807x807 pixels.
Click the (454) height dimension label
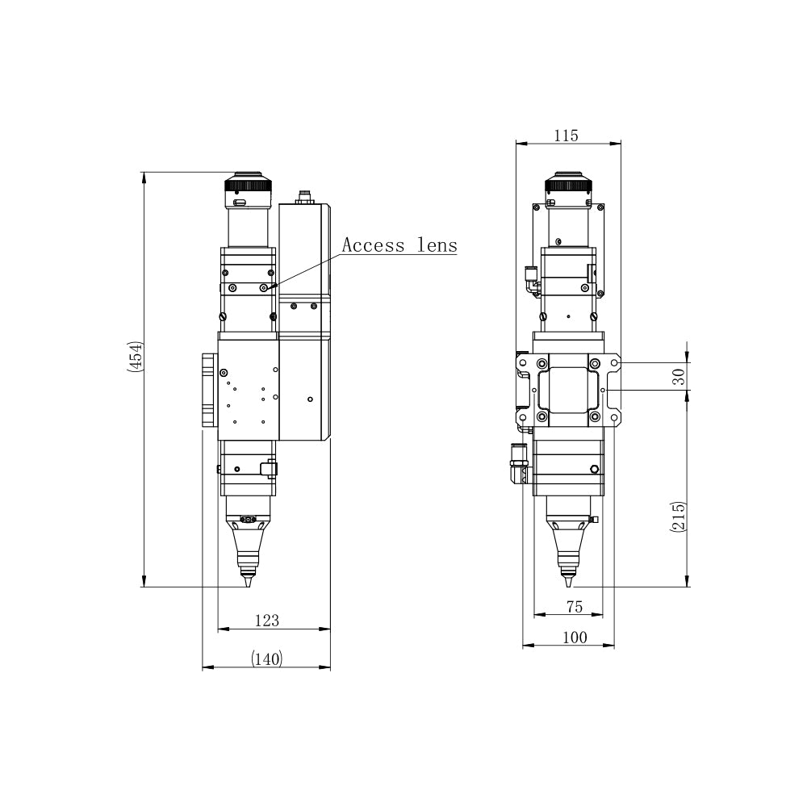click(134, 356)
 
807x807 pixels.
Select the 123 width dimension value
click(266, 620)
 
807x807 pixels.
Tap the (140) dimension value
click(266, 659)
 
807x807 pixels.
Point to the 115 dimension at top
click(567, 136)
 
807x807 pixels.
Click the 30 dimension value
click(679, 377)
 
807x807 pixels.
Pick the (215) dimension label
click(679, 516)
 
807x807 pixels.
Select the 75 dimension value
click(575, 607)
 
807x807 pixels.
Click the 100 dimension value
click(575, 638)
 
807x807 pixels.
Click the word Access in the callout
click(370, 245)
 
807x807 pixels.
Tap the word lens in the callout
click(437, 245)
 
